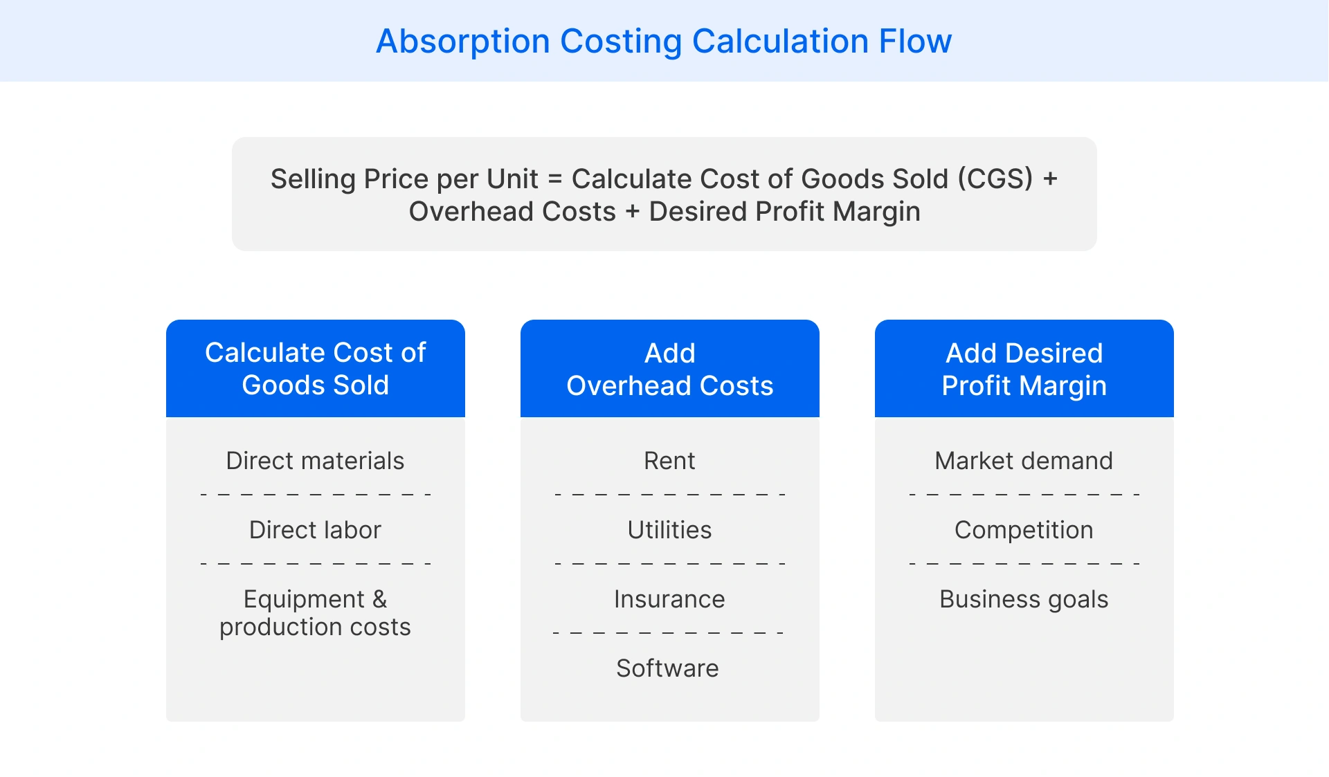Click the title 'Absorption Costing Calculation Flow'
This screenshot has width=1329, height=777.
pos(664,41)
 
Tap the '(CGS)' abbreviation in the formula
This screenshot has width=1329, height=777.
pos(995,179)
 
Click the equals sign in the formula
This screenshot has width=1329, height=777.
pos(554,179)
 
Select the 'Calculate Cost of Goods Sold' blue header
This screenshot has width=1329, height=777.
pos(316,368)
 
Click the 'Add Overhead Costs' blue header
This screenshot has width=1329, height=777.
pos(669,368)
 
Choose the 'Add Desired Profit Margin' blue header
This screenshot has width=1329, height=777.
pos(1024,368)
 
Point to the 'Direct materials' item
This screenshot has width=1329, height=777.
pos(315,461)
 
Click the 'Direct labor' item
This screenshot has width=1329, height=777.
pos(315,530)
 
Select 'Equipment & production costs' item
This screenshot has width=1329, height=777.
pos(315,613)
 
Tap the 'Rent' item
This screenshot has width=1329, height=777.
pos(669,461)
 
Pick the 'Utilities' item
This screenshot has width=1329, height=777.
pos(669,530)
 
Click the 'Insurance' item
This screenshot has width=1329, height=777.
pos(669,599)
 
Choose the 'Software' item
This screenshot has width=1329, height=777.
pos(667,668)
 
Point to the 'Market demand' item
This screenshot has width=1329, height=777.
pos(1024,461)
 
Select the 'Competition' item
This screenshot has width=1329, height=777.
pos(1024,530)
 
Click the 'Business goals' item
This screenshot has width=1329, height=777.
pos(1024,599)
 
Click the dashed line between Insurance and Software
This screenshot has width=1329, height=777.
pos(668,633)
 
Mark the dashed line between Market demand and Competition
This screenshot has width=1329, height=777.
pos(1024,495)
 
